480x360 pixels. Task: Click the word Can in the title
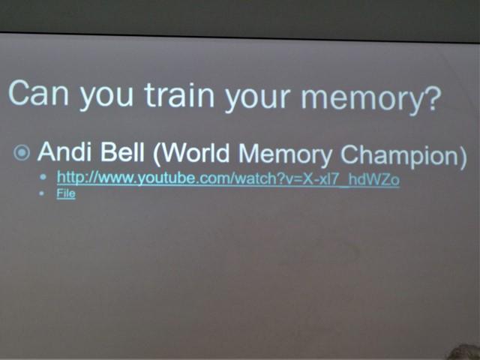click(38, 93)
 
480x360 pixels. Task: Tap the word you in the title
click(106, 98)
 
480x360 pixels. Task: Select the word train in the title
click(179, 95)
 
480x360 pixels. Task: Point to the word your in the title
click(257, 100)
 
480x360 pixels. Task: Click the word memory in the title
click(363, 100)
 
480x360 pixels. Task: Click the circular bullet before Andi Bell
click(22, 152)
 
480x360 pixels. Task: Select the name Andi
click(65, 151)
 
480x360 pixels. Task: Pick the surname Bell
click(122, 151)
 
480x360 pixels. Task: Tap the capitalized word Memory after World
click(285, 155)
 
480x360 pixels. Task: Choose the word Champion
click(399, 155)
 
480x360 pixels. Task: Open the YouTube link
click(228, 178)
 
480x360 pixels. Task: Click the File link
click(66, 193)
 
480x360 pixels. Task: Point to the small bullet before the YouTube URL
click(43, 177)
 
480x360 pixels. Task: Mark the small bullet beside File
click(42, 193)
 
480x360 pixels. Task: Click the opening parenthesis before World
click(157, 154)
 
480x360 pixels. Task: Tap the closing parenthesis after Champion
click(462, 157)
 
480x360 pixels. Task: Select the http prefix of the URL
click(68, 177)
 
